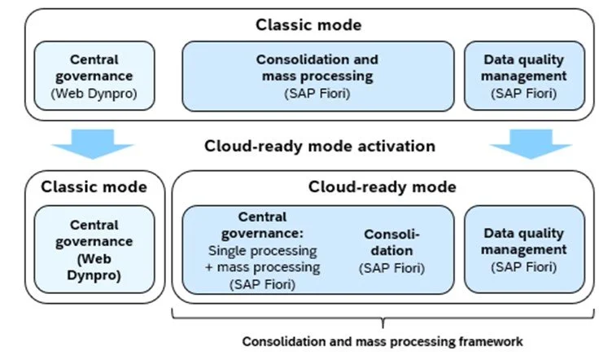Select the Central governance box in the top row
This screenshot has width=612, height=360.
(x=94, y=77)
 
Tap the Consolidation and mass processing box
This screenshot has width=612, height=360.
(x=317, y=77)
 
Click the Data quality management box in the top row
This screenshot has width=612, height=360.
(x=524, y=77)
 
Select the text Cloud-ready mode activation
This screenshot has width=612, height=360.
(x=320, y=147)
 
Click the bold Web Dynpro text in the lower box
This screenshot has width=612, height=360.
(x=94, y=268)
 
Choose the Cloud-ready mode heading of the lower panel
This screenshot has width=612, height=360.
(x=382, y=187)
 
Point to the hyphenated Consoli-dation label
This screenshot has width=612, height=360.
(x=387, y=243)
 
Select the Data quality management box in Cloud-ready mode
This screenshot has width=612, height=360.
(x=524, y=249)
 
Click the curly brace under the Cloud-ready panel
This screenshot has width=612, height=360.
(x=382, y=317)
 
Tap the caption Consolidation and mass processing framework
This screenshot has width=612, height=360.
(x=382, y=341)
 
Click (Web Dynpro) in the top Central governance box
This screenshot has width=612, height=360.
(x=94, y=93)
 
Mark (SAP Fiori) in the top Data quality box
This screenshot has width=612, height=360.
(x=524, y=93)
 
